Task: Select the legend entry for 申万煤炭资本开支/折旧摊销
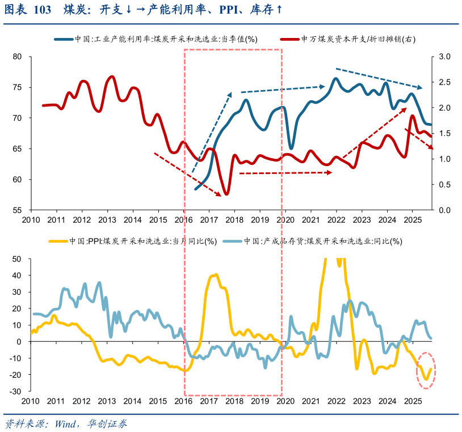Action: (351, 40)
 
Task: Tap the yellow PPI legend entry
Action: (136, 241)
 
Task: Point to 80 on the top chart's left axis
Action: (16, 57)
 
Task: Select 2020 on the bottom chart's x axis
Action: (285, 401)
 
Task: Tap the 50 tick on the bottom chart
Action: (17, 259)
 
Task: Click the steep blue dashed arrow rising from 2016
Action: (212, 133)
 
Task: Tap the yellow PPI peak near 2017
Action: (215, 276)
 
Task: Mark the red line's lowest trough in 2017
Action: (226, 194)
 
